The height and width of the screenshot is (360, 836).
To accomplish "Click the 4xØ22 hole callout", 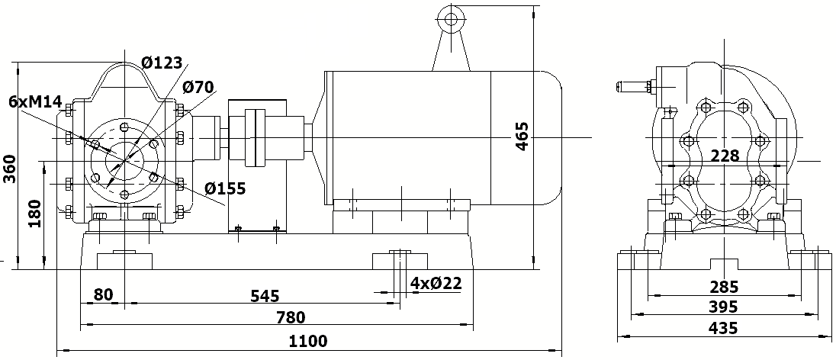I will click(x=436, y=283).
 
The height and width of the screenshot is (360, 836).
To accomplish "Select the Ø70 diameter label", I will click(x=198, y=87).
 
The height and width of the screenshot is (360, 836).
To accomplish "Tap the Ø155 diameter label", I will click(x=224, y=188).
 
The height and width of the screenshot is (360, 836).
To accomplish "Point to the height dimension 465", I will click(x=522, y=135).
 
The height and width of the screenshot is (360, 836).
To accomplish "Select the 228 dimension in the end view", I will click(x=724, y=156).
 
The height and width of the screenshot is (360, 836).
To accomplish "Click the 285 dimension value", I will click(x=723, y=288).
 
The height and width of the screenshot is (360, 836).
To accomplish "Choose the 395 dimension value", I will click(x=723, y=307).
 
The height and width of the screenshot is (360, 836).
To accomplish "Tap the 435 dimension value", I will click(x=723, y=328).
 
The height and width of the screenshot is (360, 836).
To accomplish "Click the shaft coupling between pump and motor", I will click(x=255, y=137).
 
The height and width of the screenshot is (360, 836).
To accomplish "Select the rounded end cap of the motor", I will click(x=552, y=137).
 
